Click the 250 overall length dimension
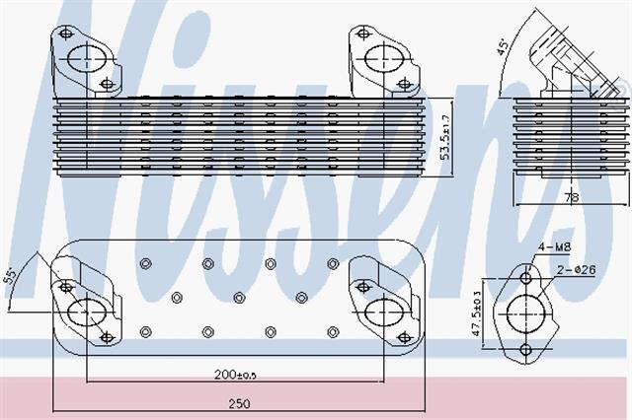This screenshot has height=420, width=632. [x=239, y=403]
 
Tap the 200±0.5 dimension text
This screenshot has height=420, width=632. [x=236, y=375]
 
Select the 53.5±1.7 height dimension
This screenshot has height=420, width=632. [x=445, y=137]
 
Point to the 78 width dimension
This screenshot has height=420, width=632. [x=571, y=197]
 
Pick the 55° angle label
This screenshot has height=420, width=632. [x=11, y=276]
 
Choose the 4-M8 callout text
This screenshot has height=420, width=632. [x=555, y=246]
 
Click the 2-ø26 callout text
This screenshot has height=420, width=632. [x=576, y=270]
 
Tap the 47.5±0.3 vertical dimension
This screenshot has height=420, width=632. [x=477, y=314]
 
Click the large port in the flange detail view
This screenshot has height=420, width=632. [x=526, y=314]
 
